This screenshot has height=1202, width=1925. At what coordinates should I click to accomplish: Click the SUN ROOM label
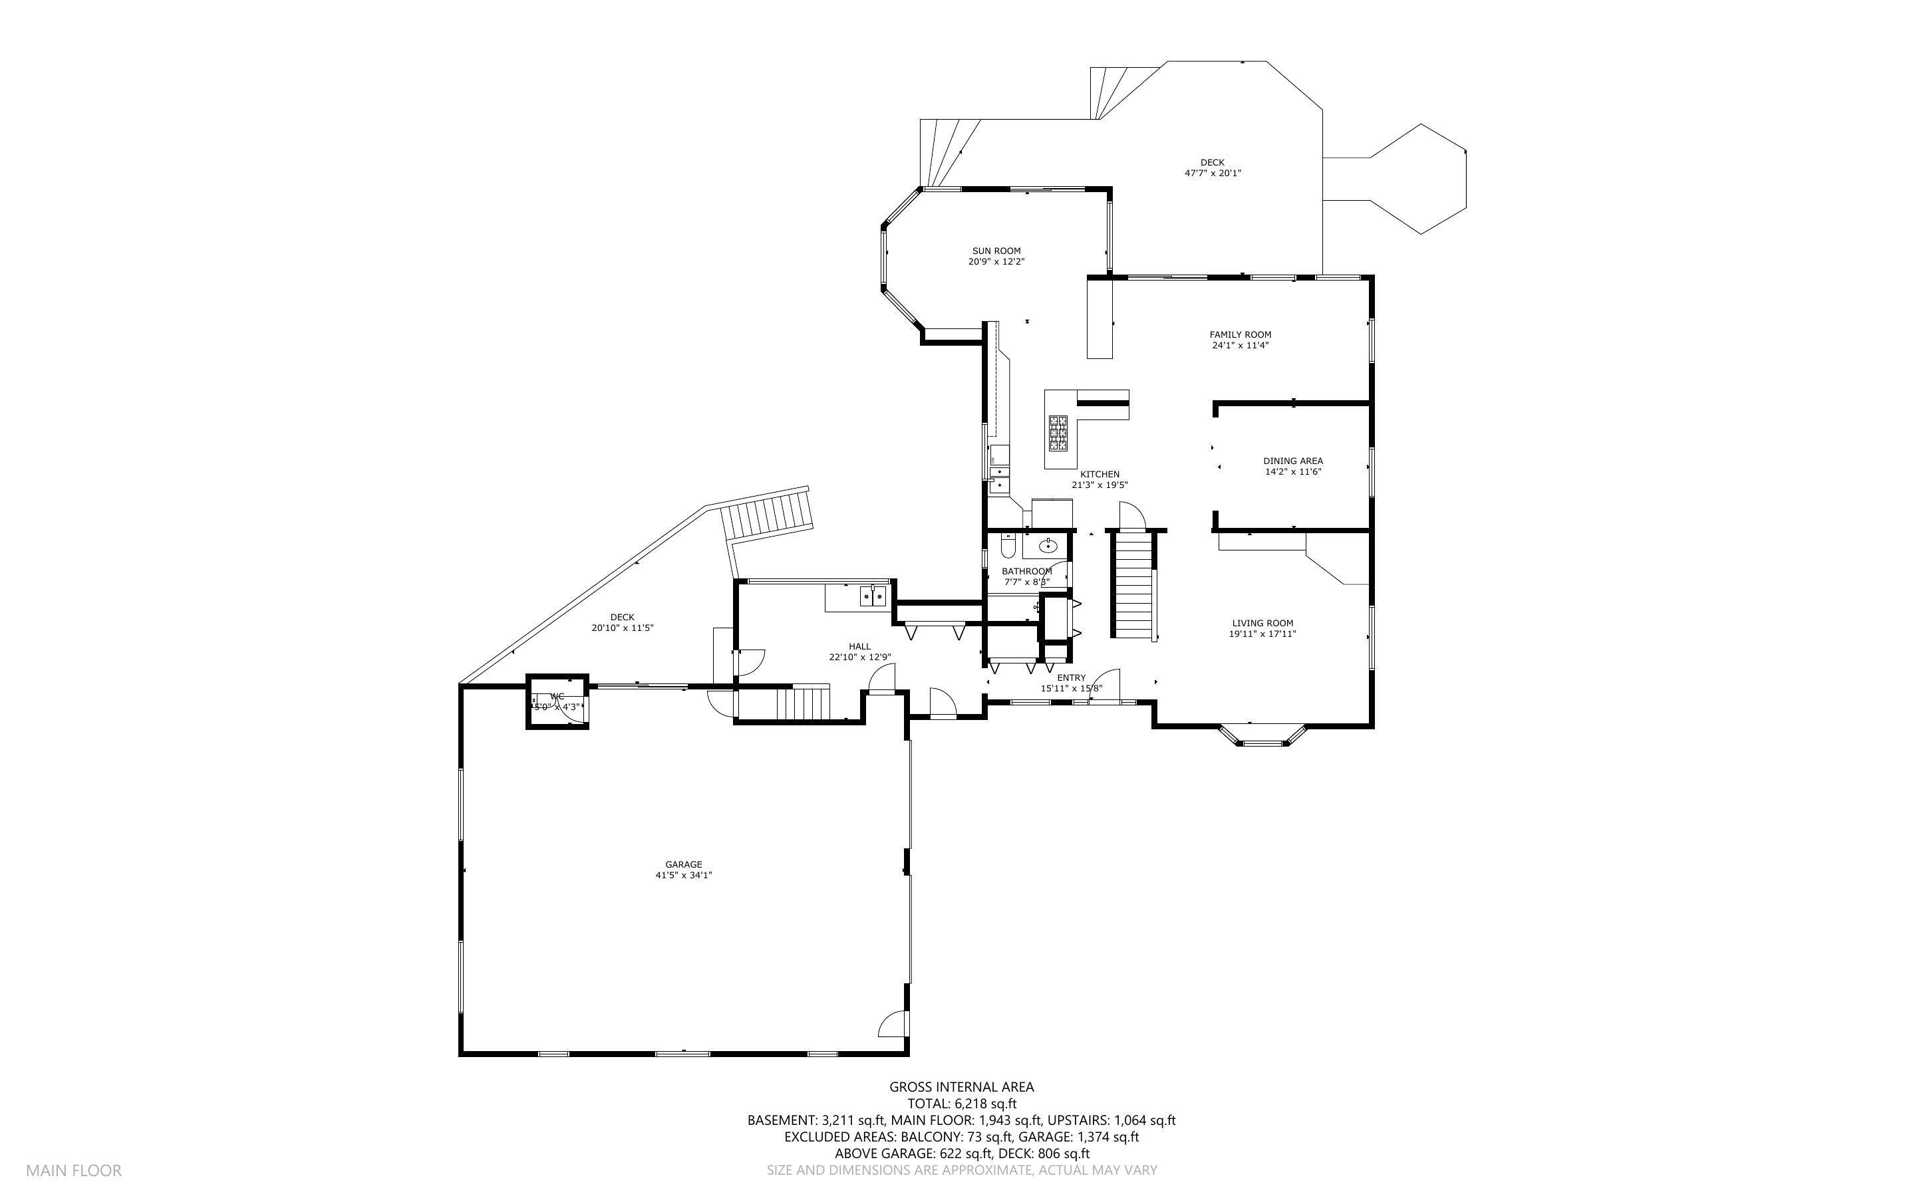point(996,251)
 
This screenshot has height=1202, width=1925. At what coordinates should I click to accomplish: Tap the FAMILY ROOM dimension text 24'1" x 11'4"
point(1240,346)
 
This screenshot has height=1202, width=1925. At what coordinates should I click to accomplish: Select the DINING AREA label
point(1293,460)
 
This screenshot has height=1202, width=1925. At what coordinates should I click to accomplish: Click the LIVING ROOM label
point(1262,623)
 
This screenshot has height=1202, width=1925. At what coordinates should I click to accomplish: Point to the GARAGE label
point(683,864)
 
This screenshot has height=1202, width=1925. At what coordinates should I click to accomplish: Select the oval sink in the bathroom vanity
point(1049,545)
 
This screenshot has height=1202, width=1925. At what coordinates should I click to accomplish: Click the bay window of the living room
point(1263,736)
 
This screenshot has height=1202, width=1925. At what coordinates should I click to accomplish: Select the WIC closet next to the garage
point(557,701)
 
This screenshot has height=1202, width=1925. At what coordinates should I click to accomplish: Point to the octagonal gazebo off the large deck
point(1419,179)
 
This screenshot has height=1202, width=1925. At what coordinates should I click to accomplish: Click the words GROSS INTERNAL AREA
point(961,1087)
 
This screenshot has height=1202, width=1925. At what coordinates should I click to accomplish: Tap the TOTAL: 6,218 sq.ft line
point(961,1104)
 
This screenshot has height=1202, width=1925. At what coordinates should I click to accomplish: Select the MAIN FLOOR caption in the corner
point(73,1170)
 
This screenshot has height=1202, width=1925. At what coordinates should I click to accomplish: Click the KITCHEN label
point(1099,474)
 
